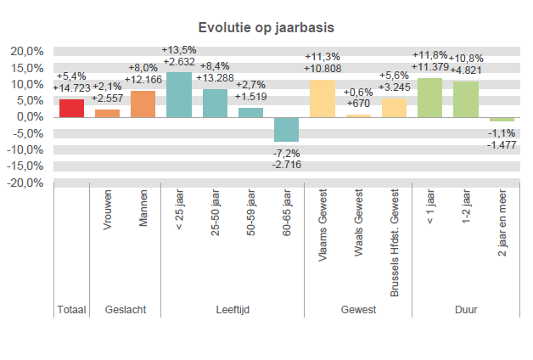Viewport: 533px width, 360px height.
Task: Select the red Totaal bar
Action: point(71,109)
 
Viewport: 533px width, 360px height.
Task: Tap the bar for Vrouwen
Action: point(108,113)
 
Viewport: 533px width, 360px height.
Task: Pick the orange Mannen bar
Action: point(143,104)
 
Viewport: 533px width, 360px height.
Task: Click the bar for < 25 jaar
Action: point(179,94)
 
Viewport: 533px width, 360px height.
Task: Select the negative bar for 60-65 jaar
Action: point(287,129)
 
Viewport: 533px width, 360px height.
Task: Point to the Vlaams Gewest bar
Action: point(323,98)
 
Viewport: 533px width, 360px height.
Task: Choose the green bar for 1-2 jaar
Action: point(466,99)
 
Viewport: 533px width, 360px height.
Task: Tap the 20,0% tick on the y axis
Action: point(27,52)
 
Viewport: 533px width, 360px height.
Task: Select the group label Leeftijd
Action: point(232,310)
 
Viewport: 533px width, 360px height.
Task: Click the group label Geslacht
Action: point(126,310)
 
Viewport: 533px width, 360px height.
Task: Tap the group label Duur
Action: point(466,310)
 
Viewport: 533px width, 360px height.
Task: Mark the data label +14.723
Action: point(71,87)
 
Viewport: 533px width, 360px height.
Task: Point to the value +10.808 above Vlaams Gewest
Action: point(323,68)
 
